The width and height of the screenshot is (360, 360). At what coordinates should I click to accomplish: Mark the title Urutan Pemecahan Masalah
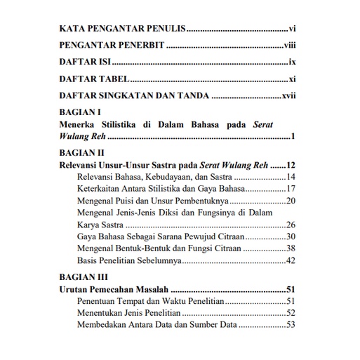point(113,289)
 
